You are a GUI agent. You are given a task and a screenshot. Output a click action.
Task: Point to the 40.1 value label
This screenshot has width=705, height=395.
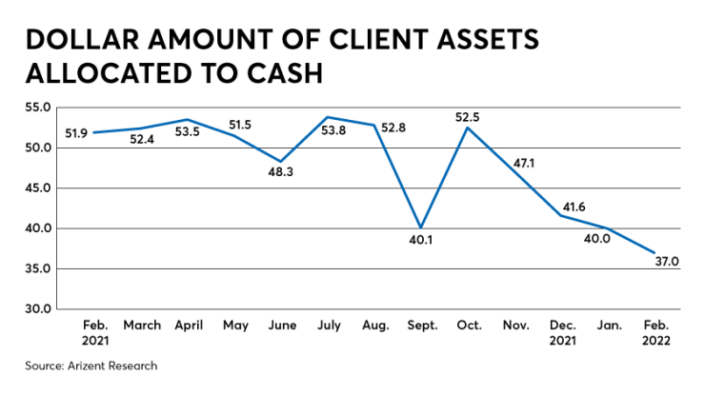(420, 240)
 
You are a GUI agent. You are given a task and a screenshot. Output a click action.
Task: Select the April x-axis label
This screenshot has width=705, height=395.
(188, 325)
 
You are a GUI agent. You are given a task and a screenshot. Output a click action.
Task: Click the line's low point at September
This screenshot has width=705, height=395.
(420, 227)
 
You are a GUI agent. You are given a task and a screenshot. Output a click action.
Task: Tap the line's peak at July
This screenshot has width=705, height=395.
(328, 117)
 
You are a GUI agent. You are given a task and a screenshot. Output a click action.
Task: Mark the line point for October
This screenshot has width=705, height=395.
(467, 128)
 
